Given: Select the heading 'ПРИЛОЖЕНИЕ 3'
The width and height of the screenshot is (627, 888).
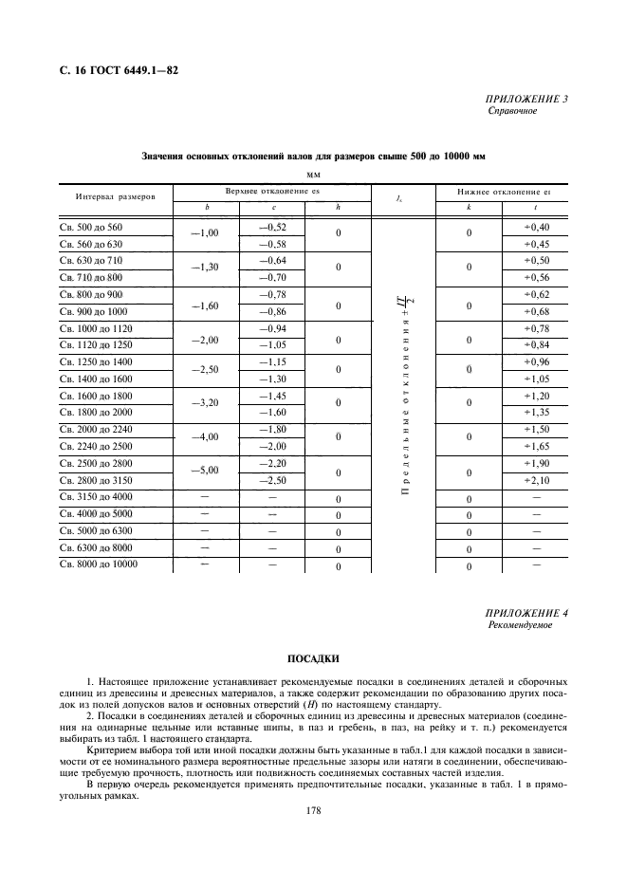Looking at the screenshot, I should pyautogui.click(x=527, y=99).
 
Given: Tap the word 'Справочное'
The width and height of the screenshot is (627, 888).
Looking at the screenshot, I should pyautogui.click(x=512, y=111).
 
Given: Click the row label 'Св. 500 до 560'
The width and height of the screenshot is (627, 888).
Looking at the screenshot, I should pyautogui.click(x=92, y=228).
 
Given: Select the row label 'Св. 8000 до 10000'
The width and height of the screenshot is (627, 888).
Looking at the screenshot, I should pyautogui.click(x=99, y=564).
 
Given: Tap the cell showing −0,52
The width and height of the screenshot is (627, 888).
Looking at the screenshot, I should pyautogui.click(x=273, y=228).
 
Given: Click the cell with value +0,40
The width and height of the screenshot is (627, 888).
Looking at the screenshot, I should pyautogui.click(x=536, y=228).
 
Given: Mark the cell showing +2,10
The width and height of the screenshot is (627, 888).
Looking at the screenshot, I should pyautogui.click(x=536, y=481).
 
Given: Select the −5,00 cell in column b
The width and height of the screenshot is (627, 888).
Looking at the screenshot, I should pyautogui.click(x=205, y=470).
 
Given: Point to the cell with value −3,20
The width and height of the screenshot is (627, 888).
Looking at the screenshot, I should pyautogui.click(x=205, y=402).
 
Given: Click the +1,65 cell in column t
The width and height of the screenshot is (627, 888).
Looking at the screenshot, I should pyautogui.click(x=536, y=447).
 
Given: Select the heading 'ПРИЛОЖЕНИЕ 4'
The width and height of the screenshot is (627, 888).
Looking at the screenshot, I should pyautogui.click(x=527, y=613).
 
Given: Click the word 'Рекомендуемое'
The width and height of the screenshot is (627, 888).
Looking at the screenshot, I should pyautogui.click(x=520, y=626).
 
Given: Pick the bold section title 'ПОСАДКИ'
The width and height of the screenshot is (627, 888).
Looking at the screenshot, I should pyautogui.click(x=313, y=657).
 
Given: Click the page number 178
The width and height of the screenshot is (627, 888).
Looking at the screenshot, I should pyautogui.click(x=313, y=811).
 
